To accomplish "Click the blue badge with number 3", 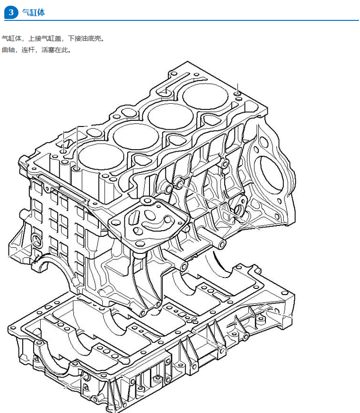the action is tap(11, 12).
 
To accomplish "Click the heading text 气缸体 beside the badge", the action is tap(34, 12).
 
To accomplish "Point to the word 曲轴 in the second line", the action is tap(8, 50).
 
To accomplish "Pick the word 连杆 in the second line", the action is tap(28, 50).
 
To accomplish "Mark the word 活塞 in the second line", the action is tap(48, 50).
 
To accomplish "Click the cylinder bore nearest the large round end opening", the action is tap(205, 96).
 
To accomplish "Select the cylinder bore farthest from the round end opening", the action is tap(101, 156).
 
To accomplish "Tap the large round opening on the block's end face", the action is tap(271, 174).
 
